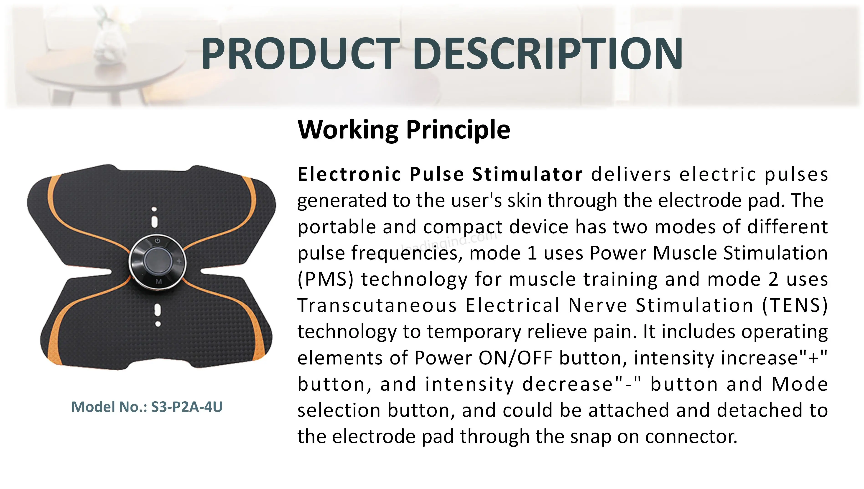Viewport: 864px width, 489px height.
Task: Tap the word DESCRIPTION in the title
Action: pos(548,54)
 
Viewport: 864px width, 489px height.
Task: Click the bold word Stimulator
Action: pos(527,174)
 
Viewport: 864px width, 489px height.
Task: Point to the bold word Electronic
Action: pos(349,174)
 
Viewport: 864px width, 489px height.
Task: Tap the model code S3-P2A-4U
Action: pos(187,407)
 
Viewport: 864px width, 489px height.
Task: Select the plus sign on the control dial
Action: pos(179,261)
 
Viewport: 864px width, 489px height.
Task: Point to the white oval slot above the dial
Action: pos(154,222)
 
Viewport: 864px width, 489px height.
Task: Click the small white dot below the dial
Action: pos(158,324)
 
